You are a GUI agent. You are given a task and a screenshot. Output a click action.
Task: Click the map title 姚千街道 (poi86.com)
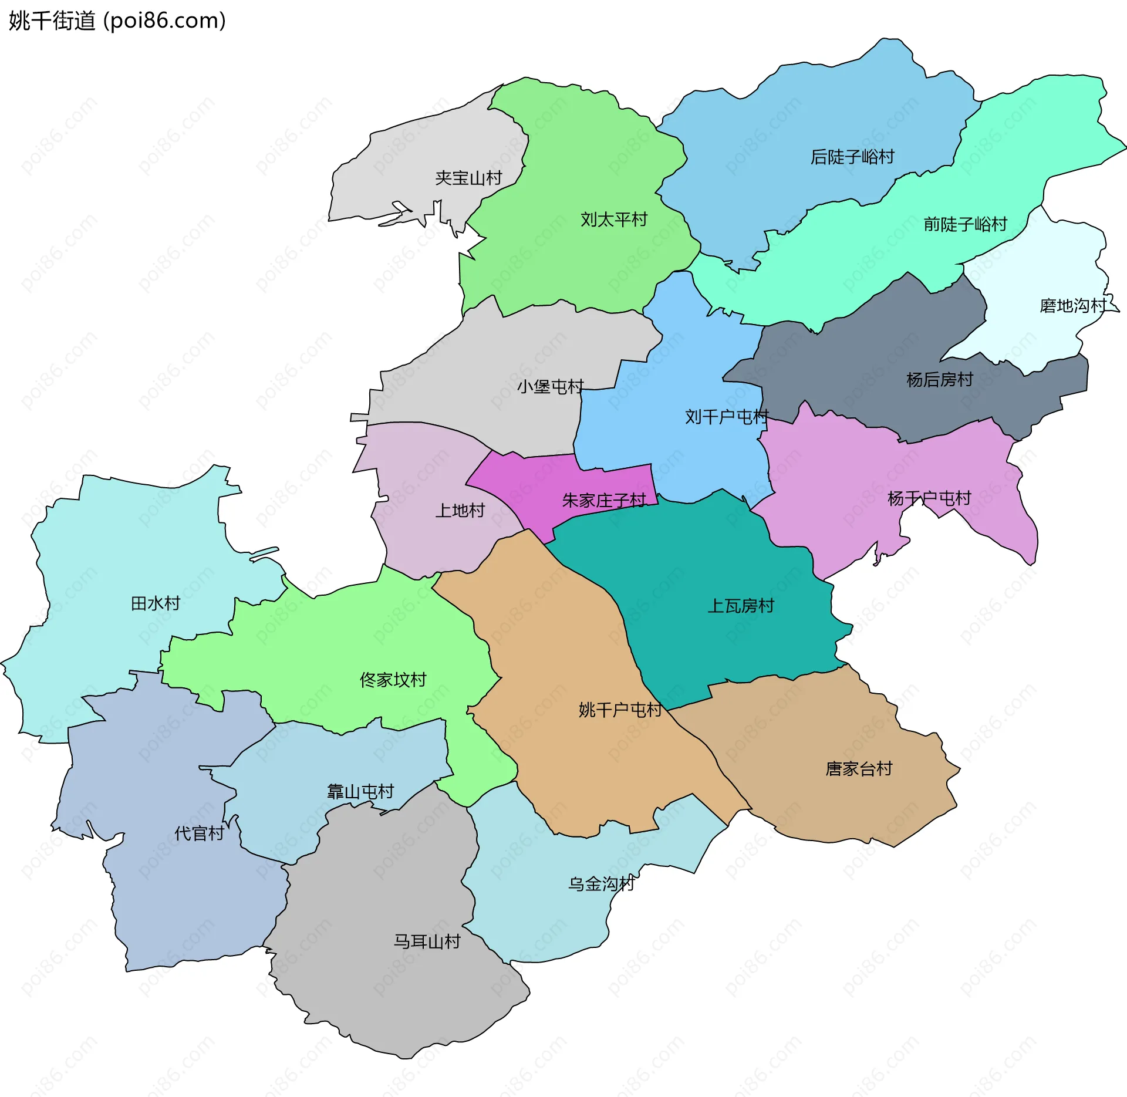(117, 21)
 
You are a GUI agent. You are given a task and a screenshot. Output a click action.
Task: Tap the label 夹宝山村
(468, 178)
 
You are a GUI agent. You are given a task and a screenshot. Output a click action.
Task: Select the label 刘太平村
(613, 220)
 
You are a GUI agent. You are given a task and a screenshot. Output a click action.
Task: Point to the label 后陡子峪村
(852, 157)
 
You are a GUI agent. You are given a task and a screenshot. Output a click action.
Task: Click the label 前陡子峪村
(965, 224)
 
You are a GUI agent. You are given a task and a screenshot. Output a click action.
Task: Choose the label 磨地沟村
(1072, 306)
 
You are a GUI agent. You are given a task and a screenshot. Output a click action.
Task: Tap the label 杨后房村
(939, 380)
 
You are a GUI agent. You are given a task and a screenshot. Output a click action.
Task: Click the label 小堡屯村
(550, 386)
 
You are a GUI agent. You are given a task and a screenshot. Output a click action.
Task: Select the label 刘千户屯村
(727, 417)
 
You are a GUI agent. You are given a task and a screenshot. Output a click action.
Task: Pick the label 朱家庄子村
(604, 501)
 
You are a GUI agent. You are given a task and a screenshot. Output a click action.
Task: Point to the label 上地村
(460, 511)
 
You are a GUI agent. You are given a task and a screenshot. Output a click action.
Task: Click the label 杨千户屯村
(929, 499)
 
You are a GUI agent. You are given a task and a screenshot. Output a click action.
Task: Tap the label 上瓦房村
(741, 606)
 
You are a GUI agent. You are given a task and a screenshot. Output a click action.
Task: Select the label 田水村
(155, 603)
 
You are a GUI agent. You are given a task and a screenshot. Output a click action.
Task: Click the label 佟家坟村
(393, 680)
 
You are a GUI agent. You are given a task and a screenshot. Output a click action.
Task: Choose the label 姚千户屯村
(620, 710)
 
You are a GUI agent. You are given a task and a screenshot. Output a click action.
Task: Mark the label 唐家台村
(859, 769)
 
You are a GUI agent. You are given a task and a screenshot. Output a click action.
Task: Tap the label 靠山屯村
(360, 792)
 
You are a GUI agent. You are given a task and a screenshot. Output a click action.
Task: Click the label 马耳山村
(427, 941)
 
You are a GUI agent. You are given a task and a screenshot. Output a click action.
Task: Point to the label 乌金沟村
(601, 884)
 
